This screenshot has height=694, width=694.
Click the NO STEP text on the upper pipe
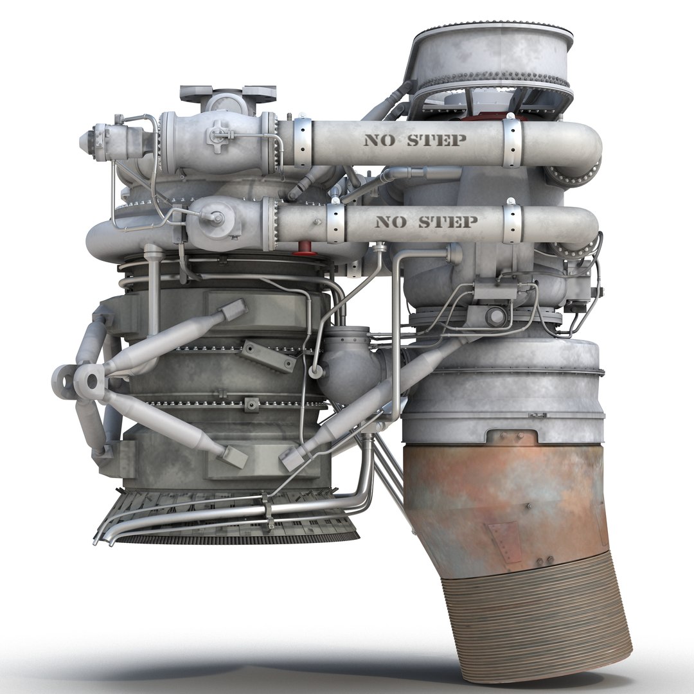coord(415,140)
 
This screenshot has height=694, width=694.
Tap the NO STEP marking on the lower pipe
coord(425,222)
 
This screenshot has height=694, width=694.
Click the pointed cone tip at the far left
coord(85,141)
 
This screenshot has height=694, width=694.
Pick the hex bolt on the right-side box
coord(495,317)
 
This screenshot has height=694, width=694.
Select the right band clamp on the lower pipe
coord(512,222)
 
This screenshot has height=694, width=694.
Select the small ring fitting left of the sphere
coord(316,372)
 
